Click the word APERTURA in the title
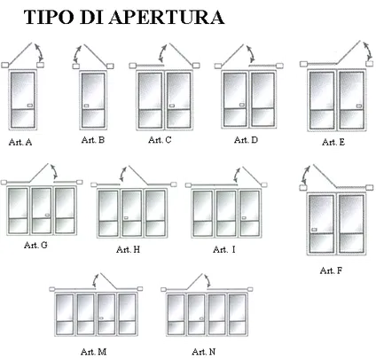[167, 18]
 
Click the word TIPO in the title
[49, 18]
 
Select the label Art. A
[20, 142]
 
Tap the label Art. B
[93, 140]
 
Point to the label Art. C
[160, 140]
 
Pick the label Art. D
[246, 140]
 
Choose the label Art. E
[333, 142]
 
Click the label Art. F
[331, 270]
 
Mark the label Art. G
[35, 245]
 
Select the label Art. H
[128, 250]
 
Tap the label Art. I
[224, 250]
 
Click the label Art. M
[93, 352]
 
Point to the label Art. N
[204, 352]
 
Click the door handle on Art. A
[30, 106]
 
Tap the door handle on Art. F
[314, 230]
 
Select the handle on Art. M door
[101, 318]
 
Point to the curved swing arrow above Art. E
[368, 51]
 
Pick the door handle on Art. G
[47, 215]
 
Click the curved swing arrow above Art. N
[208, 280]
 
